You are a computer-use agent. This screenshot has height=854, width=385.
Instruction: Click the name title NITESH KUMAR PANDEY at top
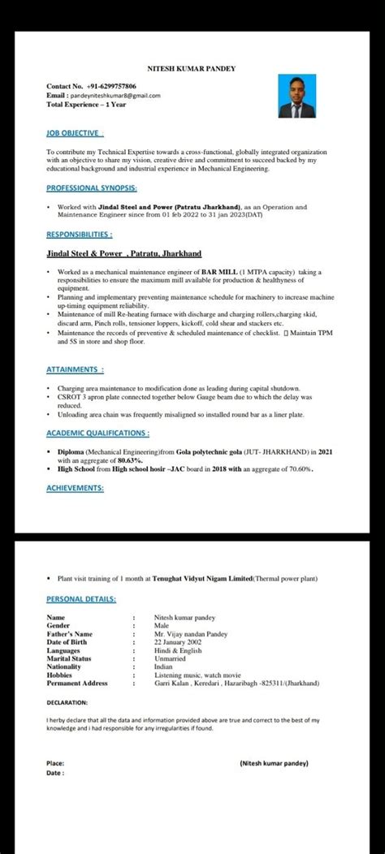tap(192, 71)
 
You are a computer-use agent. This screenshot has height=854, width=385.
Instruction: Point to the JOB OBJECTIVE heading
tap(74, 132)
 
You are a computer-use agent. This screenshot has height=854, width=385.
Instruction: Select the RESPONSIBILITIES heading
tap(79, 234)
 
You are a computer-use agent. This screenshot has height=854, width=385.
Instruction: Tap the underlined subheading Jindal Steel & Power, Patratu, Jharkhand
tap(123, 253)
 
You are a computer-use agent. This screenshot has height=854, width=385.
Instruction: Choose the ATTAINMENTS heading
tap(75, 369)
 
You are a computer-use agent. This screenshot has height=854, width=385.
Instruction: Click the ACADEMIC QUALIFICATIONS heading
tap(97, 433)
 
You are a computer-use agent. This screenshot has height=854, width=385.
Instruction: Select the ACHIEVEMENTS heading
tap(76, 488)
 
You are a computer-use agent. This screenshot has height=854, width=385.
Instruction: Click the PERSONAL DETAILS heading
tap(81, 599)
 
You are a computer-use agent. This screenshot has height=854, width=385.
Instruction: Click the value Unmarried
tap(171, 658)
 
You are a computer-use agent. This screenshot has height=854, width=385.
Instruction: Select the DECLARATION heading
tap(67, 701)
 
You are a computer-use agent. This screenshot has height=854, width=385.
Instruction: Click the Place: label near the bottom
tap(55, 763)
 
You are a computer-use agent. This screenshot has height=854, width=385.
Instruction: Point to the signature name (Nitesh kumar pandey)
tap(275, 763)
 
